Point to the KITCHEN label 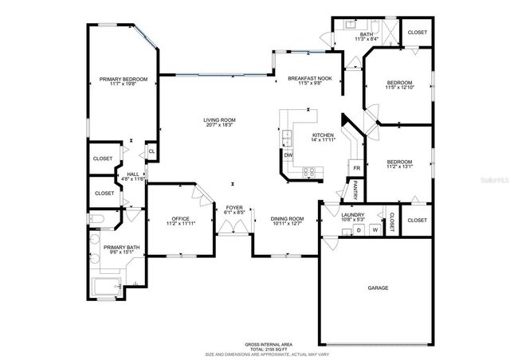pos(323,135)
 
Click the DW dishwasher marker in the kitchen pos(288,155)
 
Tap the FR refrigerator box pos(357,168)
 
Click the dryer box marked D pos(358,230)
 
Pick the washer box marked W pos(374,230)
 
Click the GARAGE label pos(377,288)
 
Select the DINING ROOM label pos(287,219)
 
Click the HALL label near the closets pos(132,174)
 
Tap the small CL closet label pos(151,151)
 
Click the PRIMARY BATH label pos(122,248)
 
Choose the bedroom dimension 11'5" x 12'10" pos(399,88)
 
